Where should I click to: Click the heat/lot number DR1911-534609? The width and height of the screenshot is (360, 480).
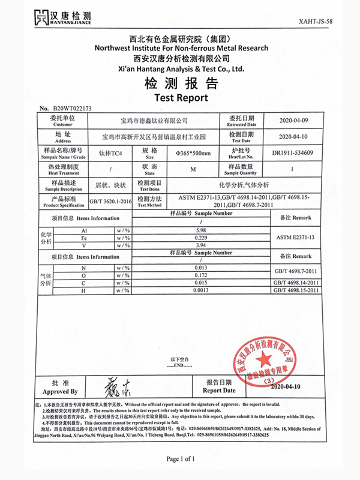coord(292,152)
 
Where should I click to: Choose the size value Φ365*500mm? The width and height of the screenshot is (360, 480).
coord(193,153)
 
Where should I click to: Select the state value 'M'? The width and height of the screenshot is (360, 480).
coord(193,169)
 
